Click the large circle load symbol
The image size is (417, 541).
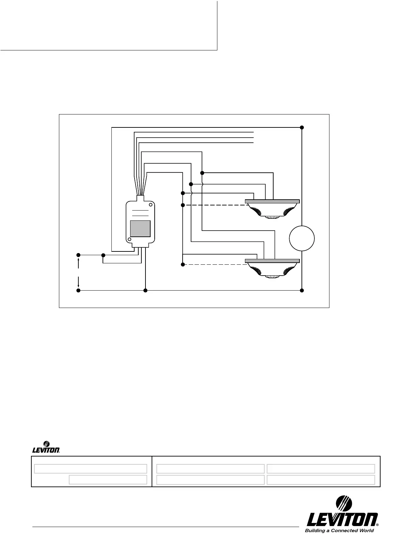click(302, 238)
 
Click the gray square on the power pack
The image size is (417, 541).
click(140, 229)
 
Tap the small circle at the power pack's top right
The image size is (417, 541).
click(151, 205)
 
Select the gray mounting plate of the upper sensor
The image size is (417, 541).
click(272, 201)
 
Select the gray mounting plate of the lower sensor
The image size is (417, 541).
click(272, 261)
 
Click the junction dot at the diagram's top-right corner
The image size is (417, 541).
click(302, 127)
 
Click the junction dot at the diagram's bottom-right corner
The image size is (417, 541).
click(302, 291)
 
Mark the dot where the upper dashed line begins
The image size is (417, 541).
click(183, 205)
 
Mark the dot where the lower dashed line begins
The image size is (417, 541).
click(183, 265)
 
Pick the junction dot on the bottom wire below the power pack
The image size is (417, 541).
click(145, 291)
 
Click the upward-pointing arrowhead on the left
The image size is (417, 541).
click(79, 260)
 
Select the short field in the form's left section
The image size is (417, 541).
click(108, 480)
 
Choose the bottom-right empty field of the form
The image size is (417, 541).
click(321, 480)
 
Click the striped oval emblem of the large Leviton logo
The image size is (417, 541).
click(344, 504)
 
